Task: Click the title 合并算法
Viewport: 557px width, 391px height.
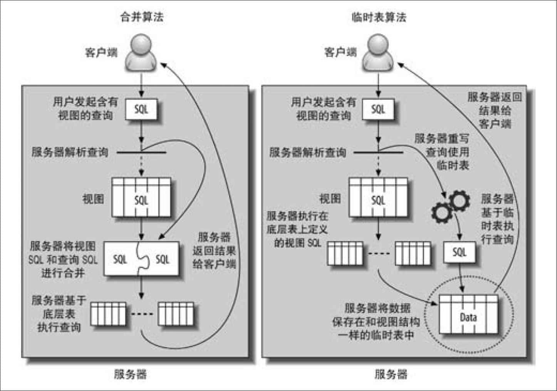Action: [x=142, y=17]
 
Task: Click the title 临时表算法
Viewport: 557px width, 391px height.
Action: [x=379, y=17]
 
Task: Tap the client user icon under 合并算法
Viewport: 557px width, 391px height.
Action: [x=141, y=53]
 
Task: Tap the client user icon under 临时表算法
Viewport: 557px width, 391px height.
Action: [x=378, y=53]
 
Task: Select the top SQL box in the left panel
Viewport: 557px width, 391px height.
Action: [x=141, y=109]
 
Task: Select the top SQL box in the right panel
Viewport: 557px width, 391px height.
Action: [x=378, y=109]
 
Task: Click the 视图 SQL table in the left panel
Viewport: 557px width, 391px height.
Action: [x=141, y=197]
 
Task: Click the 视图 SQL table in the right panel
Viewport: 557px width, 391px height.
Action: [x=378, y=197]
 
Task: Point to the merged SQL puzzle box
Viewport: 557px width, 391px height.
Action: [x=141, y=259]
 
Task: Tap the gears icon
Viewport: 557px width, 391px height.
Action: [x=451, y=206]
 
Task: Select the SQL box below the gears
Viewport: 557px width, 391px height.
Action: [x=460, y=252]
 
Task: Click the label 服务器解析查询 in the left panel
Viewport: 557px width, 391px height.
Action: [x=70, y=152]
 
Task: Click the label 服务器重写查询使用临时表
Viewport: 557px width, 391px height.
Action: [x=442, y=152]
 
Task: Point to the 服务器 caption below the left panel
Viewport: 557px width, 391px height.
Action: [x=130, y=374]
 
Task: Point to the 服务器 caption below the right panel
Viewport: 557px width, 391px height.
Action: [x=391, y=374]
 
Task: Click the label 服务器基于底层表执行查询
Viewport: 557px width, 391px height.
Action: [x=59, y=314]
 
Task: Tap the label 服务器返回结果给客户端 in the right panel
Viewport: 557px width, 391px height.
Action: [x=495, y=111]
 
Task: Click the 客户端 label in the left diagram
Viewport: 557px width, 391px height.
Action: [x=101, y=53]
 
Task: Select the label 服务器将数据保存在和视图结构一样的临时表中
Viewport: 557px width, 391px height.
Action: [x=376, y=322]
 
